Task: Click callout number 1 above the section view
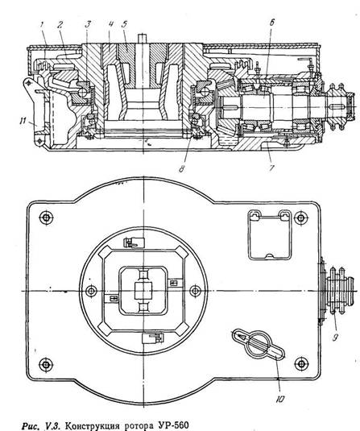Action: pyautogui.click(x=42, y=25)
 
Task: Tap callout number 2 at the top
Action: pyautogui.click(x=60, y=25)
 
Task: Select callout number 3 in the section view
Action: pyautogui.click(x=88, y=24)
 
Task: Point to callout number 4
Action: pyautogui.click(x=110, y=24)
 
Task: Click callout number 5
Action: pyautogui.click(x=124, y=24)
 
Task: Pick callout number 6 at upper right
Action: pyautogui.click(x=271, y=23)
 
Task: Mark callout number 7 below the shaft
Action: pyautogui.click(x=271, y=168)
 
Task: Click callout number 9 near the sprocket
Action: pyautogui.click(x=335, y=338)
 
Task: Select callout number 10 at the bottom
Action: pyautogui.click(x=279, y=400)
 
